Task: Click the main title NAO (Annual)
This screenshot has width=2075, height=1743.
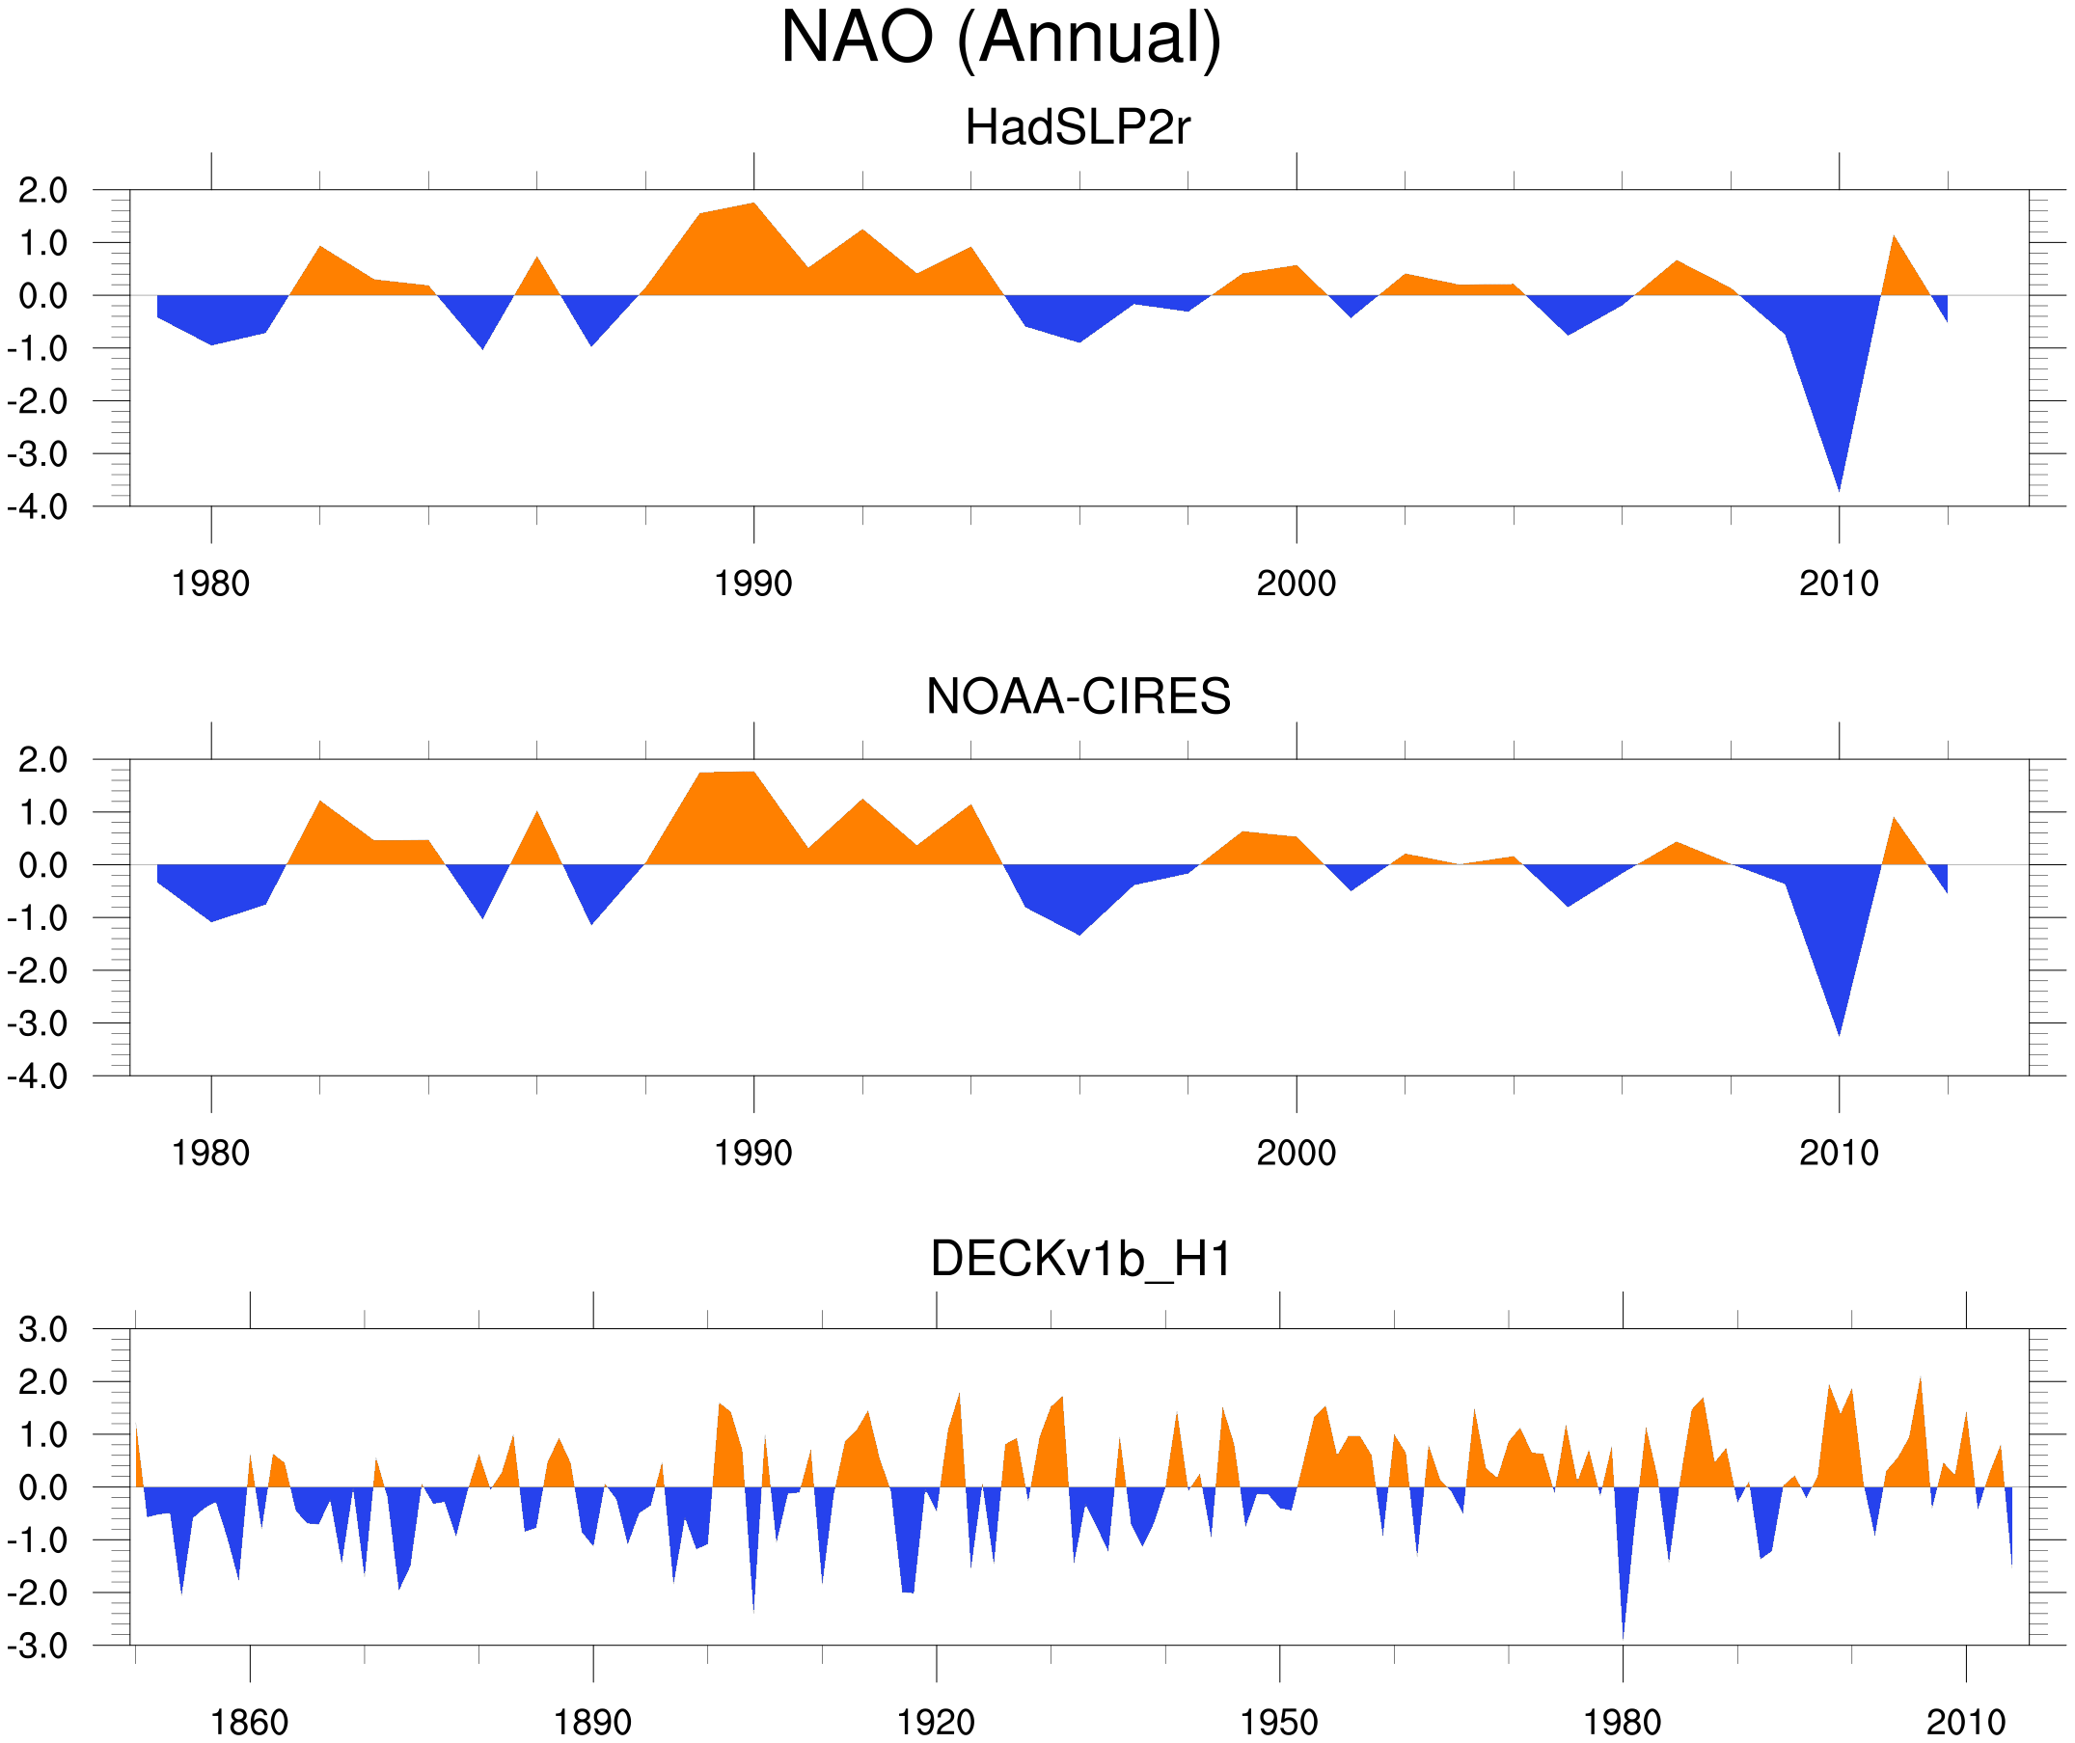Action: [1000, 38]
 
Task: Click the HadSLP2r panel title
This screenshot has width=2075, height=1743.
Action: [1077, 127]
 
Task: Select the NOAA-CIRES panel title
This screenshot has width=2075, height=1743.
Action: [1078, 696]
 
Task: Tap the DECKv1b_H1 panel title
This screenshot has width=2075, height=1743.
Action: [1080, 1259]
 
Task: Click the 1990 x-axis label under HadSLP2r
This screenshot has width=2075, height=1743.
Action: [753, 584]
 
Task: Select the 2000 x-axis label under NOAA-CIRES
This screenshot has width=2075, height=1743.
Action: [1296, 1153]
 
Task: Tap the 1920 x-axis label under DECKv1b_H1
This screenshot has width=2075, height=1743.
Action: [935, 1722]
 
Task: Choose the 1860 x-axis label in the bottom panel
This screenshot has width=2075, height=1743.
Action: [249, 1722]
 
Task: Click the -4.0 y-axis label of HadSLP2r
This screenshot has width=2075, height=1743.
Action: [38, 507]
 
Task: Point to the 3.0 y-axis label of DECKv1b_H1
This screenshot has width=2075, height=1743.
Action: [42, 1329]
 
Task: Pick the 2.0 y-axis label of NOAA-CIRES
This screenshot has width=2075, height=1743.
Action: [42, 760]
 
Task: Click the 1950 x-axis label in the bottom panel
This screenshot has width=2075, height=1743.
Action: [1278, 1722]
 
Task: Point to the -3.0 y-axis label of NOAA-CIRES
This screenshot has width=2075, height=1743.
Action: [38, 1023]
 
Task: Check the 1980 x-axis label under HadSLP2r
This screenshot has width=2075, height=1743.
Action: [210, 584]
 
